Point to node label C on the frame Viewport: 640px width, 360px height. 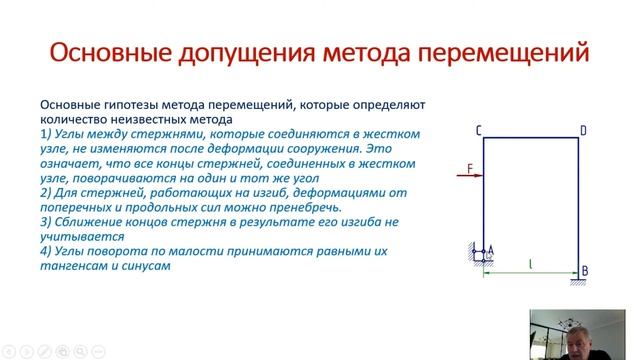tap(479, 130)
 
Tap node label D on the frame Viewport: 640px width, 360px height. tap(583, 130)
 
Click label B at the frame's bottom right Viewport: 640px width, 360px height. tap(584, 272)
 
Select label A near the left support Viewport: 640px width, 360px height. tap(491, 252)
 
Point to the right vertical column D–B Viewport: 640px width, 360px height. tap(581, 200)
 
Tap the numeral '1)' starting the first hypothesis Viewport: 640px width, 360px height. tap(46, 132)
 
